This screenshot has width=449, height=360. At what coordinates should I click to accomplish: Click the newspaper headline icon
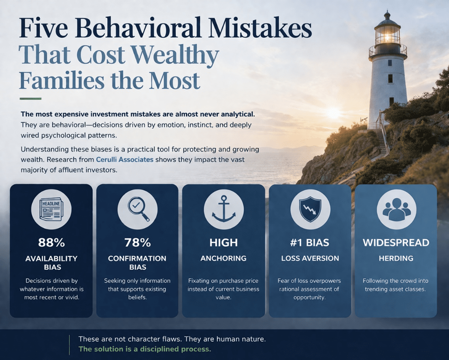pyautogui.click(x=51, y=209)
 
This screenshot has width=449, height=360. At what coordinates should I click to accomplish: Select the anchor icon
pyautogui.click(x=224, y=209)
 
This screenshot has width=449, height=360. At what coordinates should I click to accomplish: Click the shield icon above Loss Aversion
pyautogui.click(x=310, y=209)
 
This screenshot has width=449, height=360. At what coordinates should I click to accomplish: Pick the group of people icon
pyautogui.click(x=397, y=209)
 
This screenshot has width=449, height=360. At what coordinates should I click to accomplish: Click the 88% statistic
pyautogui.click(x=52, y=243)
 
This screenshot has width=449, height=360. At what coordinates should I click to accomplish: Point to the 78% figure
pyautogui.click(x=138, y=243)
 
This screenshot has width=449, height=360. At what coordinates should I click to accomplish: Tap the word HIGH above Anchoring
pyautogui.click(x=224, y=243)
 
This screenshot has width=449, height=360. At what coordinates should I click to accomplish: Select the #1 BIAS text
pyautogui.click(x=309, y=243)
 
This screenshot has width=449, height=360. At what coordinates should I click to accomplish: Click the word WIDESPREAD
pyautogui.click(x=396, y=243)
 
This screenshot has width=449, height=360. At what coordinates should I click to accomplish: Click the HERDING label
pyautogui.click(x=396, y=258)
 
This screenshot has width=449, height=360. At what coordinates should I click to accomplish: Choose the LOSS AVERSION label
pyautogui.click(x=310, y=258)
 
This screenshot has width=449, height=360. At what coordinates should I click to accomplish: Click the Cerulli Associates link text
pyautogui.click(x=124, y=159)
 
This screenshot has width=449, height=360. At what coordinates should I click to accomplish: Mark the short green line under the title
pyautogui.click(x=30, y=99)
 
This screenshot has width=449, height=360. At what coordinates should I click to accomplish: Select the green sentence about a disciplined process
pyautogui.click(x=145, y=349)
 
